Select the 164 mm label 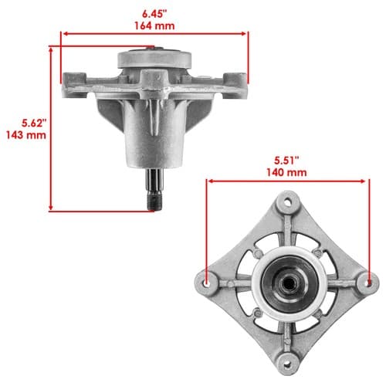point(154,25)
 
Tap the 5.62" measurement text point(34,123)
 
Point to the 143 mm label point(26,135)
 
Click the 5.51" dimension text point(286,161)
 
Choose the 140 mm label point(286,172)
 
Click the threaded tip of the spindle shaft point(154,202)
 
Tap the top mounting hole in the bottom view point(288,201)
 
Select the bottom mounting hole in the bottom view point(288,364)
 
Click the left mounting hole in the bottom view point(207,283)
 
